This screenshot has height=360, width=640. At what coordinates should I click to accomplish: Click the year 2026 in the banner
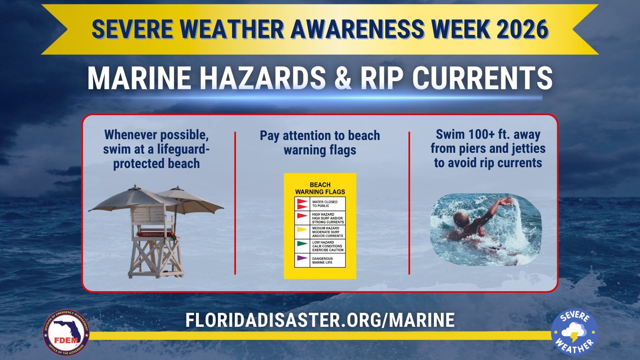pyautogui.click(x=522, y=29)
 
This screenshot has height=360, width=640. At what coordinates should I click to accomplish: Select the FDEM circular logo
pyautogui.click(x=66, y=332)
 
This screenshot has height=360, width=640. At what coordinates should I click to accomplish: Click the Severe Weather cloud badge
pyautogui.click(x=574, y=332)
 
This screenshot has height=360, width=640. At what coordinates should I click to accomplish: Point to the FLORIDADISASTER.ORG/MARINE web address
pyautogui.click(x=320, y=320)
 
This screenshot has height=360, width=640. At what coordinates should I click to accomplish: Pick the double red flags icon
pyautogui.click(x=302, y=204)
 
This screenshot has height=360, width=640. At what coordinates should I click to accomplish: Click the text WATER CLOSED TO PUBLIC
pyautogui.click(x=324, y=204)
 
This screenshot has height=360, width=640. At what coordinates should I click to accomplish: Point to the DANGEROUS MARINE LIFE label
pyautogui.click(x=322, y=260)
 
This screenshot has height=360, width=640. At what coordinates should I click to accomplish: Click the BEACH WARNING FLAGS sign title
pyautogui.click(x=320, y=188)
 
